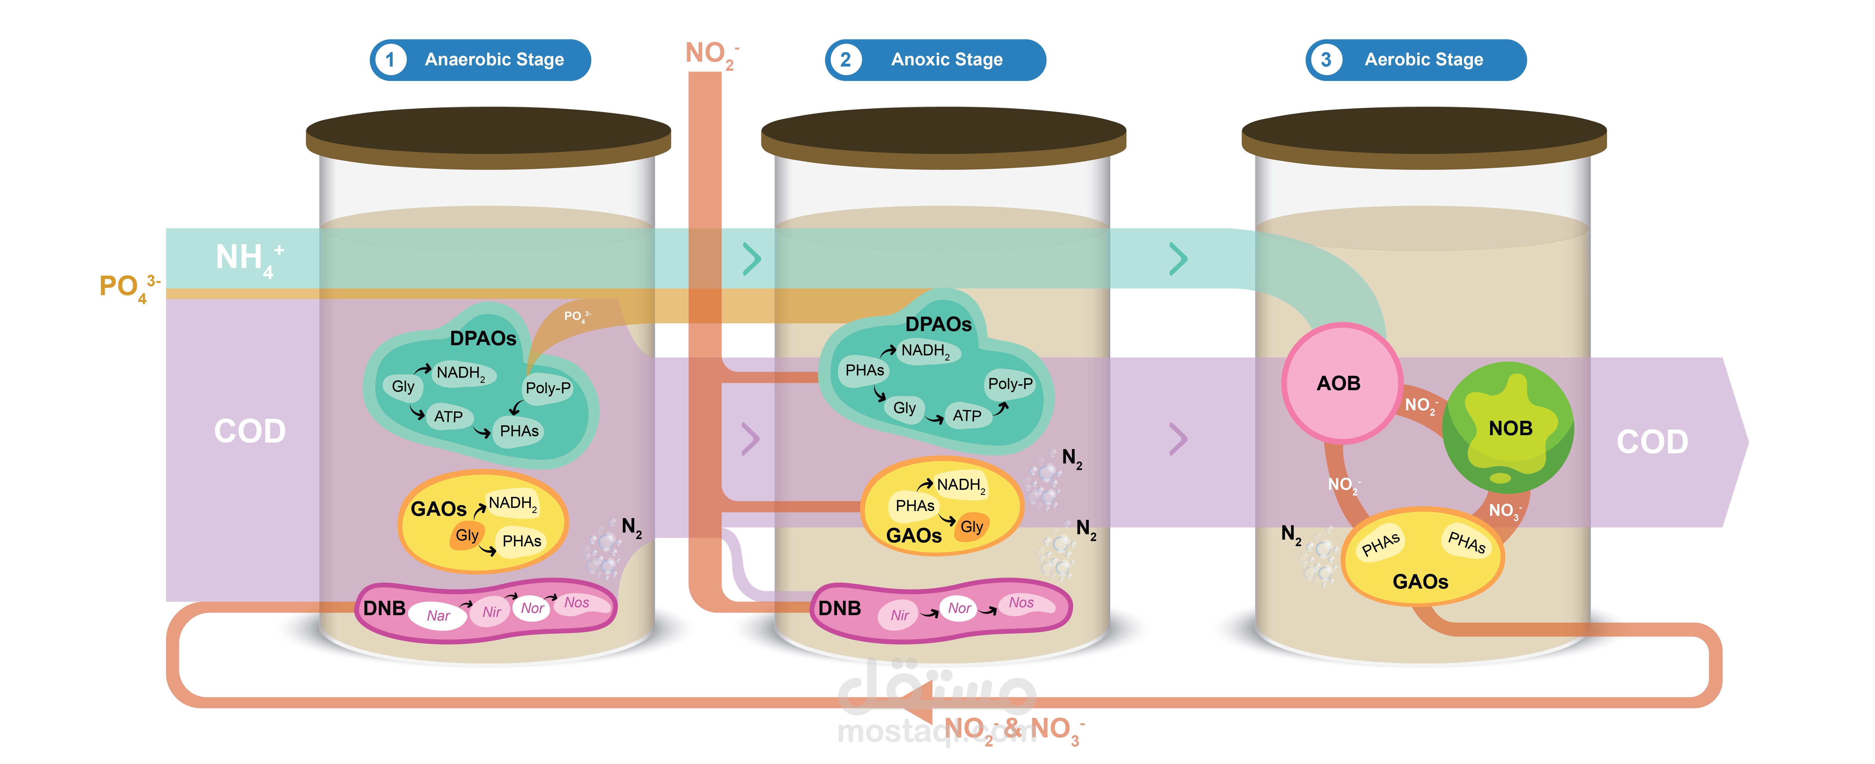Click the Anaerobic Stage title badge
[x=480, y=60]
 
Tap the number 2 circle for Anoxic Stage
[x=845, y=60]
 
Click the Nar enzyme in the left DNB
[x=438, y=615]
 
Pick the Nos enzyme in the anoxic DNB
[x=1021, y=603]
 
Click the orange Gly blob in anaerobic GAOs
[x=467, y=535]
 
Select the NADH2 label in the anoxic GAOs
[x=961, y=485]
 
